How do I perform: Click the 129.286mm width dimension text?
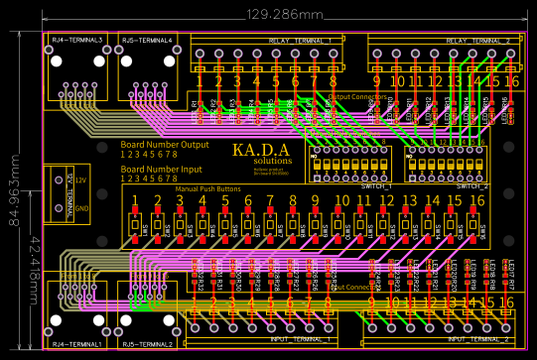285,15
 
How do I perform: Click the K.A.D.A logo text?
261,150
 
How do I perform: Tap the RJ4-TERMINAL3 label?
77,40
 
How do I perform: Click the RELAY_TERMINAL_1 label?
302,41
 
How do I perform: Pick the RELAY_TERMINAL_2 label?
478,41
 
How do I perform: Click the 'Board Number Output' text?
165,145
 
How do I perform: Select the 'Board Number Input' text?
162,169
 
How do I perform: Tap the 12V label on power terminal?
81,180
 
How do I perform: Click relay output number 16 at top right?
511,80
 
